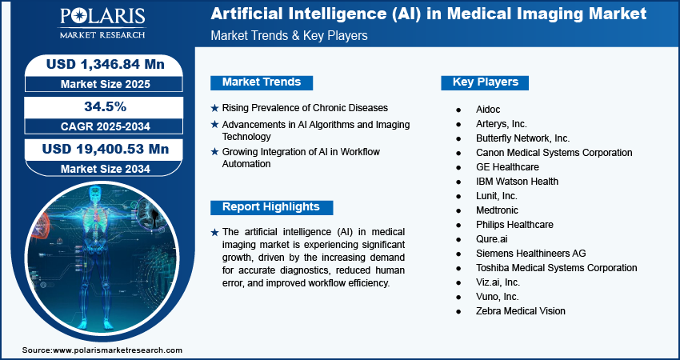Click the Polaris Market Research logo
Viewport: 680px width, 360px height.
[x=102, y=23]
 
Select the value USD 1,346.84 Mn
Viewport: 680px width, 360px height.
[x=106, y=64]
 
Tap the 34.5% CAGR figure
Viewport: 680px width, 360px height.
[x=105, y=106]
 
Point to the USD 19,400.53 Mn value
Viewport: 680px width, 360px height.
[x=106, y=149]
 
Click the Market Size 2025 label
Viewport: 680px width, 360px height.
[x=106, y=84]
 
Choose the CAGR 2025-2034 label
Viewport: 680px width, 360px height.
[x=106, y=126]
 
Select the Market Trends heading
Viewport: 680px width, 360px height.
[x=262, y=82]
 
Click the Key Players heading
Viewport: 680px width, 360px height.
[x=486, y=82]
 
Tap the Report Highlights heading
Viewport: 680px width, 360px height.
[x=271, y=207]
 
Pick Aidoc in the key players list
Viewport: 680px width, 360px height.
[x=488, y=110]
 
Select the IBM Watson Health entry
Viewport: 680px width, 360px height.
[x=517, y=182]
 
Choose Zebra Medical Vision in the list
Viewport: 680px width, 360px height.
[x=521, y=311]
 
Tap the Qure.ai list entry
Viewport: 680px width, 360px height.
[x=491, y=239]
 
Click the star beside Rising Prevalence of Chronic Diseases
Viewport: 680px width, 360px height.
[x=214, y=108]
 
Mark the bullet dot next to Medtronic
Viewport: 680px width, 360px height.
[x=458, y=210]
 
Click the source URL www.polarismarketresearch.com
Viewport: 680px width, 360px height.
[x=117, y=350]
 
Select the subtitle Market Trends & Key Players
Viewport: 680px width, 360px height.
[x=289, y=35]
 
